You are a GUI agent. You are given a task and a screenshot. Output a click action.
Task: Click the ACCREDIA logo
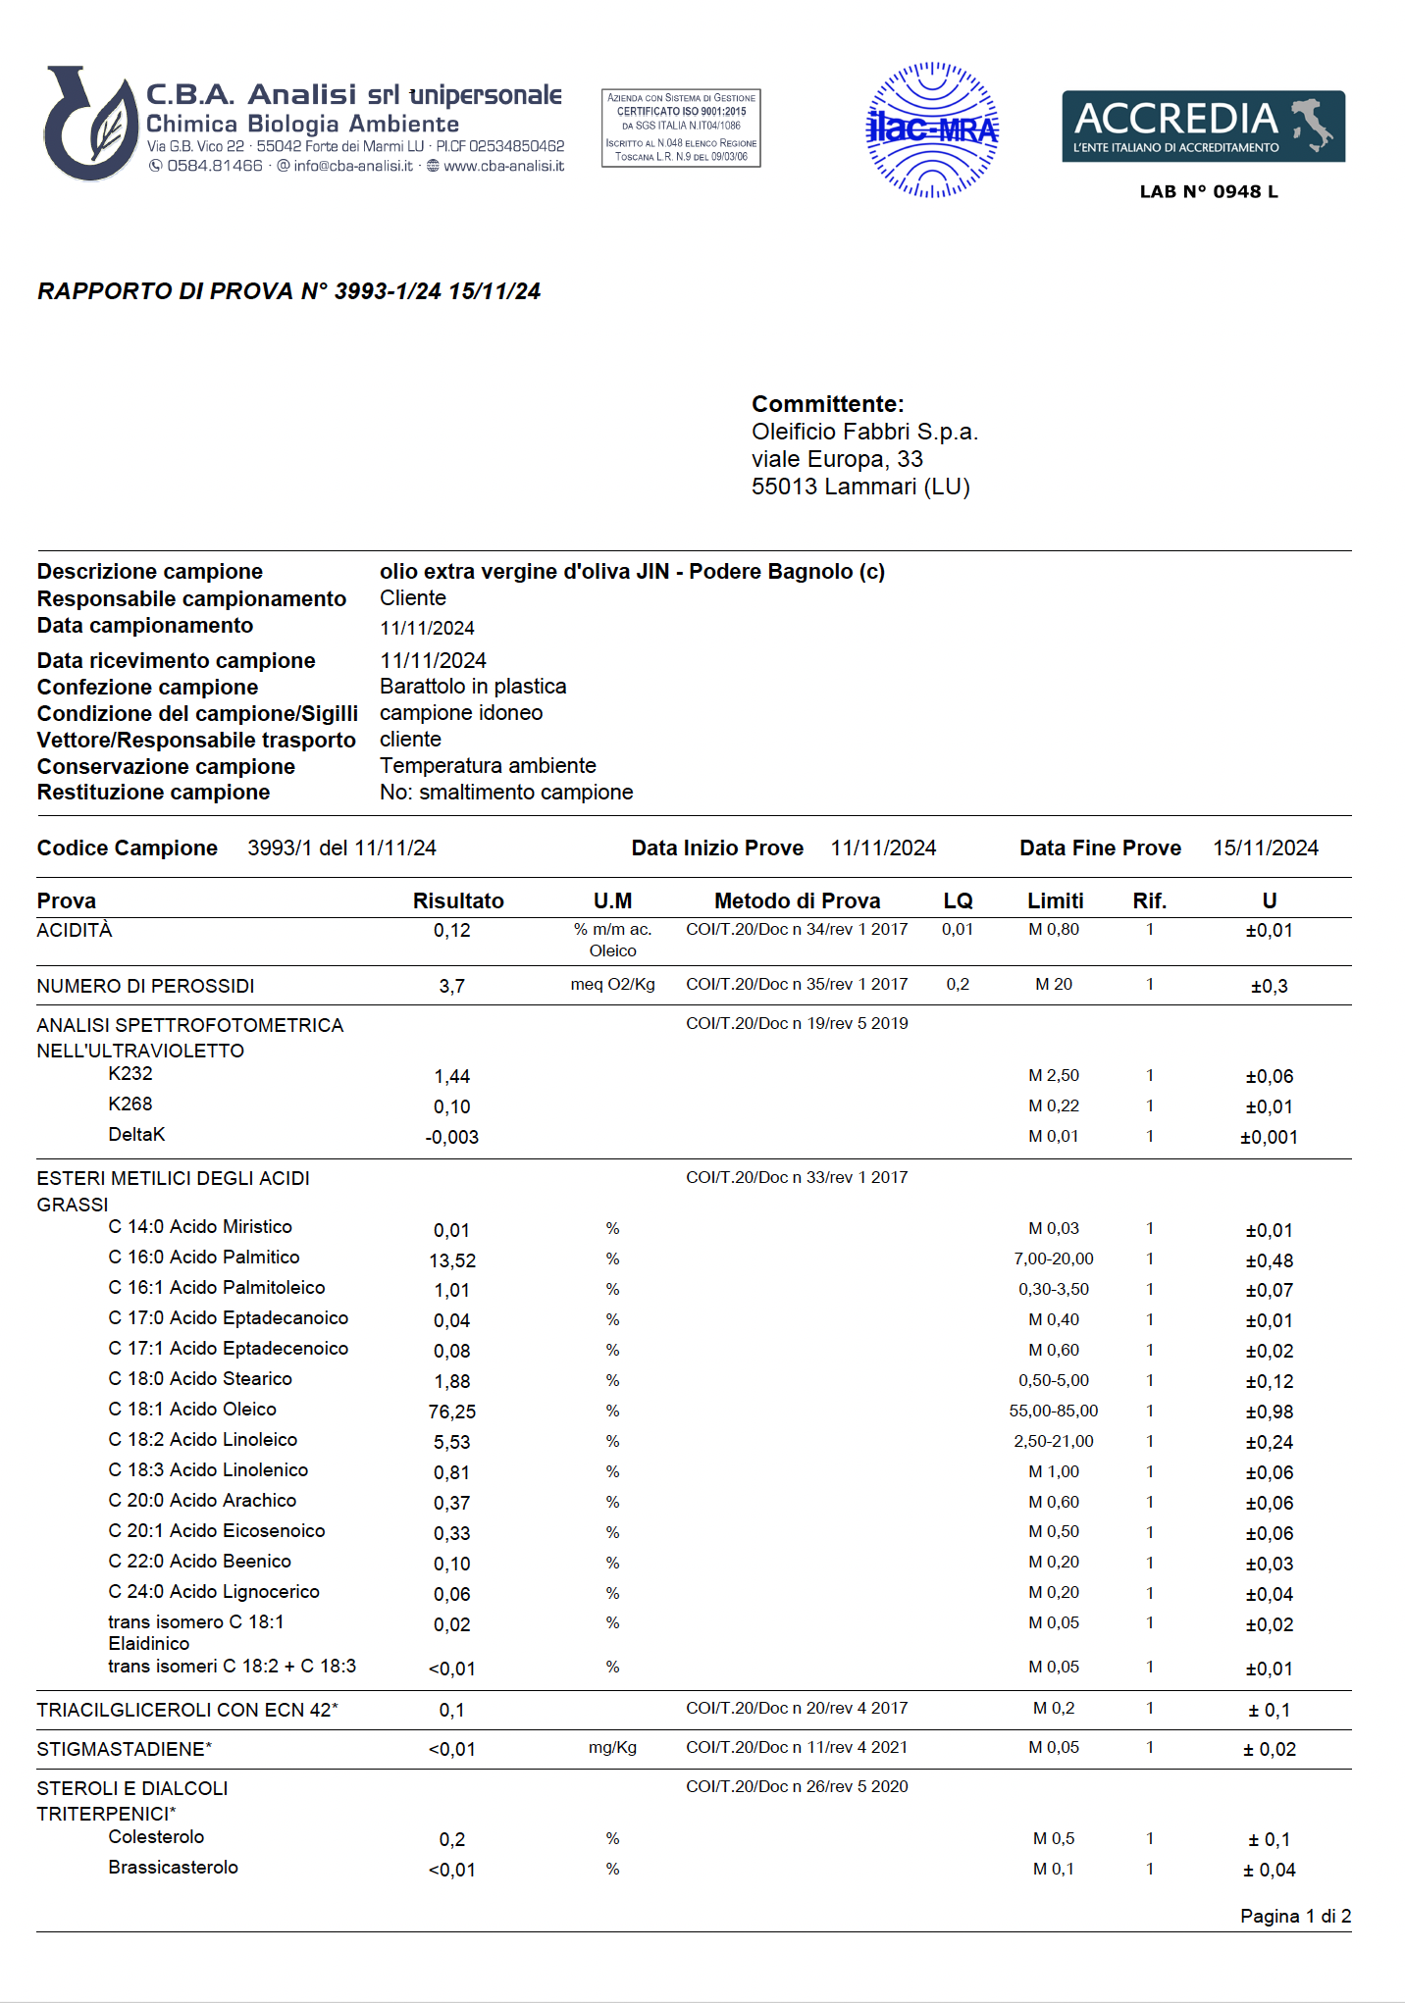tap(1203, 127)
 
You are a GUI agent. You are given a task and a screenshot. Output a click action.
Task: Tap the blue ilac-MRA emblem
tap(932, 129)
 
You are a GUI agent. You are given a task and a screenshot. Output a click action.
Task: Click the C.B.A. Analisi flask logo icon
tap(90, 125)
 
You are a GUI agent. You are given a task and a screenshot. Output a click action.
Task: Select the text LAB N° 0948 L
tap(1209, 192)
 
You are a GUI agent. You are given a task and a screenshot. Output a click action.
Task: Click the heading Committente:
tap(827, 404)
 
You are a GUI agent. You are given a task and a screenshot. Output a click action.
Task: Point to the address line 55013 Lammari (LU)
tap(860, 487)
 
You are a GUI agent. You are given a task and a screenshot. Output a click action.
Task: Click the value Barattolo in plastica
tap(473, 687)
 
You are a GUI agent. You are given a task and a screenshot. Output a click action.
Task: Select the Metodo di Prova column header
tap(797, 900)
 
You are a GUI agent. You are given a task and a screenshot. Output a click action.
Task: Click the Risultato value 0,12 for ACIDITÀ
tap(452, 930)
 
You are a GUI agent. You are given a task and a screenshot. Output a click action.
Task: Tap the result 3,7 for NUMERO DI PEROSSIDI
tap(452, 986)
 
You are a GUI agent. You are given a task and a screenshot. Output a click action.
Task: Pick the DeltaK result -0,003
tap(452, 1137)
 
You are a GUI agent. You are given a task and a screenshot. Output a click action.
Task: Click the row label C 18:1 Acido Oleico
tap(192, 1410)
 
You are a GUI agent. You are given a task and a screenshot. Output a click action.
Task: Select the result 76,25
tap(452, 1412)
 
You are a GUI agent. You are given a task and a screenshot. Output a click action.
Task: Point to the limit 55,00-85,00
tap(1054, 1411)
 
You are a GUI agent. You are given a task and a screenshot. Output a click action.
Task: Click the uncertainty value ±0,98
tap(1270, 1412)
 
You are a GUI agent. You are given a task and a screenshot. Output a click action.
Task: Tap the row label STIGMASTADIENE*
tap(125, 1749)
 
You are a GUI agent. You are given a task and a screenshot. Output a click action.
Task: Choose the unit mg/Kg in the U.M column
tap(612, 1748)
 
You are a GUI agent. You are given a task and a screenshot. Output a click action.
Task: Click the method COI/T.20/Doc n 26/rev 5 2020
tap(797, 1786)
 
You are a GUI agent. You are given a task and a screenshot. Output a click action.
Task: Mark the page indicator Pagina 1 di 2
tap(1295, 1916)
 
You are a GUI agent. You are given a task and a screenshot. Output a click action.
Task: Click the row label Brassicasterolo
tap(174, 1868)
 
